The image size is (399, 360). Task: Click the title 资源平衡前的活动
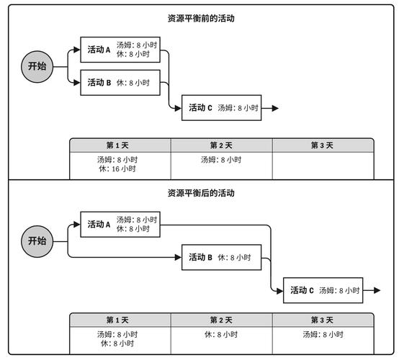point(201,18)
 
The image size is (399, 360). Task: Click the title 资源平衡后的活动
point(201,193)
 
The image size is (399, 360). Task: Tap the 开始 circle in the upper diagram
point(37,67)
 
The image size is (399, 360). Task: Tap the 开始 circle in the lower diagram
point(37,241)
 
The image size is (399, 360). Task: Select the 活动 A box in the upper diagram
point(120,50)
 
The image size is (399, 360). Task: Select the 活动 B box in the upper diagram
point(120,83)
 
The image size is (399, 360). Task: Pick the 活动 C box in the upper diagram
point(221,108)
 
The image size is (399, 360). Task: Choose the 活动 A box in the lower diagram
point(120,225)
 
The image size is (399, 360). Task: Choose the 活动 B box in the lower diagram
point(221,257)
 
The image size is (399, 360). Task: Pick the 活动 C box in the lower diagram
point(323,290)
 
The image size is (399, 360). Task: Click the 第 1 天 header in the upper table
point(117,145)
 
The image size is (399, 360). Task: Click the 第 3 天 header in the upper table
point(322,145)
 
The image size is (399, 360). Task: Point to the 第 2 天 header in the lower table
point(221,320)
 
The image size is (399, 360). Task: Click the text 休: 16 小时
point(117,168)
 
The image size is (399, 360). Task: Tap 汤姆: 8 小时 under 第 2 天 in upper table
point(221,160)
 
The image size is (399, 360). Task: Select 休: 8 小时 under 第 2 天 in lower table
point(221,334)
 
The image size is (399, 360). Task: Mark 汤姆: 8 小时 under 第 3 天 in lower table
point(323,334)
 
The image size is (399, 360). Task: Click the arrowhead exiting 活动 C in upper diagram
point(275,108)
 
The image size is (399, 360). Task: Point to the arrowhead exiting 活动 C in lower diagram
point(377,290)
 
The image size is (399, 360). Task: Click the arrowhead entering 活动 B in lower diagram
point(178,257)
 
